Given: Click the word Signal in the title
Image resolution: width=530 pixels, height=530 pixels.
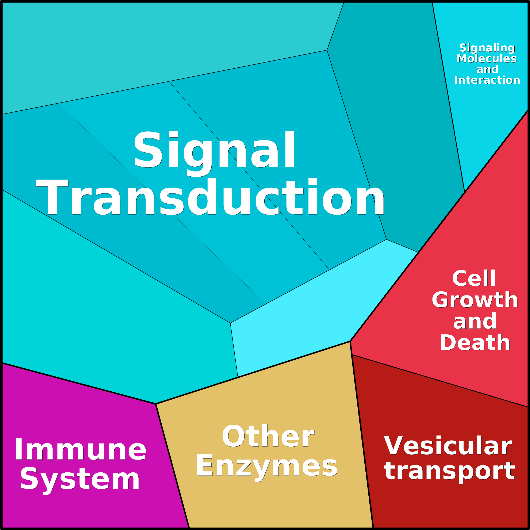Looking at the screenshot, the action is [214, 154].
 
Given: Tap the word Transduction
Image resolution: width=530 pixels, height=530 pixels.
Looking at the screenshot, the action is [210, 197].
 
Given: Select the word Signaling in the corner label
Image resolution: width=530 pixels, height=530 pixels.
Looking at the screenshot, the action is [487, 48].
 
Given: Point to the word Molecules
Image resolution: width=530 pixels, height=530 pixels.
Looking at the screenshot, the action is [487, 58].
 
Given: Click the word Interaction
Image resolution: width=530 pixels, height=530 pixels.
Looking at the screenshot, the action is [487, 80].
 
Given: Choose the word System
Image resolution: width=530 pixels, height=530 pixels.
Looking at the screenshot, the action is [80, 481].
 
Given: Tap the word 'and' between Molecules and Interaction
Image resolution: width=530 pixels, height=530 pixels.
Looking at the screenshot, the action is [487, 69].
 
